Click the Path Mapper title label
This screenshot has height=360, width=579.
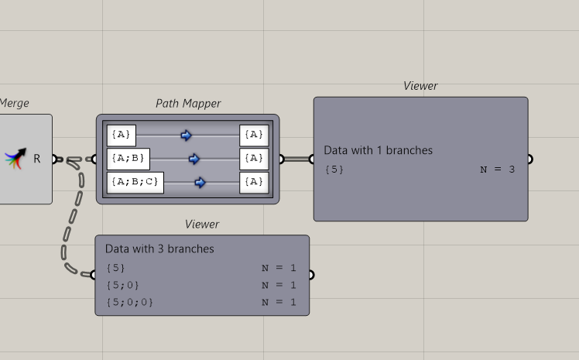188,103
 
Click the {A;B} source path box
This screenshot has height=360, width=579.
128,159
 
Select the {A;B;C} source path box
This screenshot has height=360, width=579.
135,183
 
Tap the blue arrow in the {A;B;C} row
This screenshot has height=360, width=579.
200,183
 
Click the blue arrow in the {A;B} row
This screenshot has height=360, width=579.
194,159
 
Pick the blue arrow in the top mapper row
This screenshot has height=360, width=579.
186,135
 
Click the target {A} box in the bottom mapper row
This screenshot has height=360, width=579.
254,183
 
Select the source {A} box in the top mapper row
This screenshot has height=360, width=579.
122,135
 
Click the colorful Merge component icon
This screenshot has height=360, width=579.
15,159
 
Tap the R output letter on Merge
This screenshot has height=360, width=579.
36,159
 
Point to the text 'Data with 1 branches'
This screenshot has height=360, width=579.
378,150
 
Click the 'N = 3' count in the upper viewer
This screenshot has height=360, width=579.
497,169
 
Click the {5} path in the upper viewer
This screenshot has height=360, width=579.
334,169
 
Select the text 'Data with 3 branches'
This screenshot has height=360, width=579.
159,249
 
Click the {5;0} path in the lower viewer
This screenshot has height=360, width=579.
122,285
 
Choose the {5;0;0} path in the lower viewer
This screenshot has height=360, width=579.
129,302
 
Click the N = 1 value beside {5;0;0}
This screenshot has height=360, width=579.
279,302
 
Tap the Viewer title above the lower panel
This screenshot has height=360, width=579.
202,224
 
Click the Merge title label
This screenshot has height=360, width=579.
14,103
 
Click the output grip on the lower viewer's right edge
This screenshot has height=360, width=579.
311,275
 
